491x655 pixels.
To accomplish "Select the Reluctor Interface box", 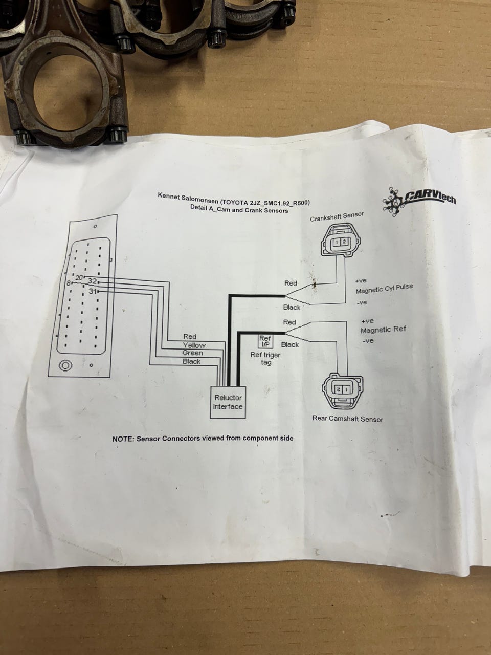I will click(228, 402).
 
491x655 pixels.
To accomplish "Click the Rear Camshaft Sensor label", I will click(347, 419).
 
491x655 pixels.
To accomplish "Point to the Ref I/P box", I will click(265, 341).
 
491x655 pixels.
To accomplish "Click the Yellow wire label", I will click(194, 345).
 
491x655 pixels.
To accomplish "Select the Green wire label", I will click(192, 353).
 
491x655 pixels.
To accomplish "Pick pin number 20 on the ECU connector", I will click(79, 277).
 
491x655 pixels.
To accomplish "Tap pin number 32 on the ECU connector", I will click(92, 281).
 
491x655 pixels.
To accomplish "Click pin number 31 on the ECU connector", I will click(93, 291).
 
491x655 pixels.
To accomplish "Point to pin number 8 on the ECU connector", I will click(69, 283).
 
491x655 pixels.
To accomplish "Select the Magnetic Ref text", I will click(383, 330).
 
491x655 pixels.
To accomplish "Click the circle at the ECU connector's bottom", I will click(66, 365).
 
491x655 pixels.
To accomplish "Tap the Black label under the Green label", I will click(192, 362).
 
